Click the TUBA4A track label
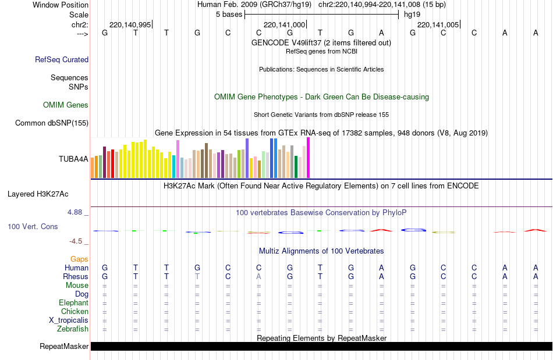coord(73,159)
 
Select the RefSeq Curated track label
coord(62,59)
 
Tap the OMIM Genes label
coord(66,105)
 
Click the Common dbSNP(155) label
coord(52,123)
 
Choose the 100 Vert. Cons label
coord(33,226)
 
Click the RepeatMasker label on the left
coord(64,347)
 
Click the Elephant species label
coord(73,303)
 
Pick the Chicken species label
coord(75,312)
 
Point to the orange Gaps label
coord(79,259)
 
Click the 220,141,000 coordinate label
coord(284,25)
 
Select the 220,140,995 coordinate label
coord(130,25)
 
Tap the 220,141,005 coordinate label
coord(438,25)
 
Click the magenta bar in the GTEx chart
coord(308,158)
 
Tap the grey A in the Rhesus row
coord(259,277)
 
